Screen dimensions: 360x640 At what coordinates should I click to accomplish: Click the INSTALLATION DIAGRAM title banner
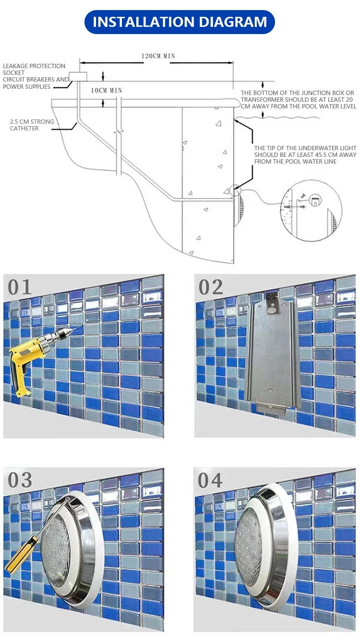[180, 22]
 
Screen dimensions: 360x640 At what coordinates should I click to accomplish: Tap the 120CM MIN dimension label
[158, 56]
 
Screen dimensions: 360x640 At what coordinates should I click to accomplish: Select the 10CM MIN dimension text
[107, 91]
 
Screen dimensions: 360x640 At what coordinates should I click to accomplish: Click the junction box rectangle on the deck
[78, 77]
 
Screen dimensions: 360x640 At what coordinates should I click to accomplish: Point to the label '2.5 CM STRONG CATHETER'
[32, 125]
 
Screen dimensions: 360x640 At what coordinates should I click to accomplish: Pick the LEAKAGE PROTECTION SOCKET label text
[34, 69]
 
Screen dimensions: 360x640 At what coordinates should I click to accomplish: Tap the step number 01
[20, 287]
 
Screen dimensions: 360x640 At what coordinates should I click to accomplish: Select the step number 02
[210, 287]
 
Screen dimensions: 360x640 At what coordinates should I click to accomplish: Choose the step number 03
[20, 480]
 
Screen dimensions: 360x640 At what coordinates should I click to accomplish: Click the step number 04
[210, 480]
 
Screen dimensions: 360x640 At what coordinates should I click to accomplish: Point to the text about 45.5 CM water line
[305, 154]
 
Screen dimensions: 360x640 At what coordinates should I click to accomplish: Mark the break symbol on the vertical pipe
[119, 132]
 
